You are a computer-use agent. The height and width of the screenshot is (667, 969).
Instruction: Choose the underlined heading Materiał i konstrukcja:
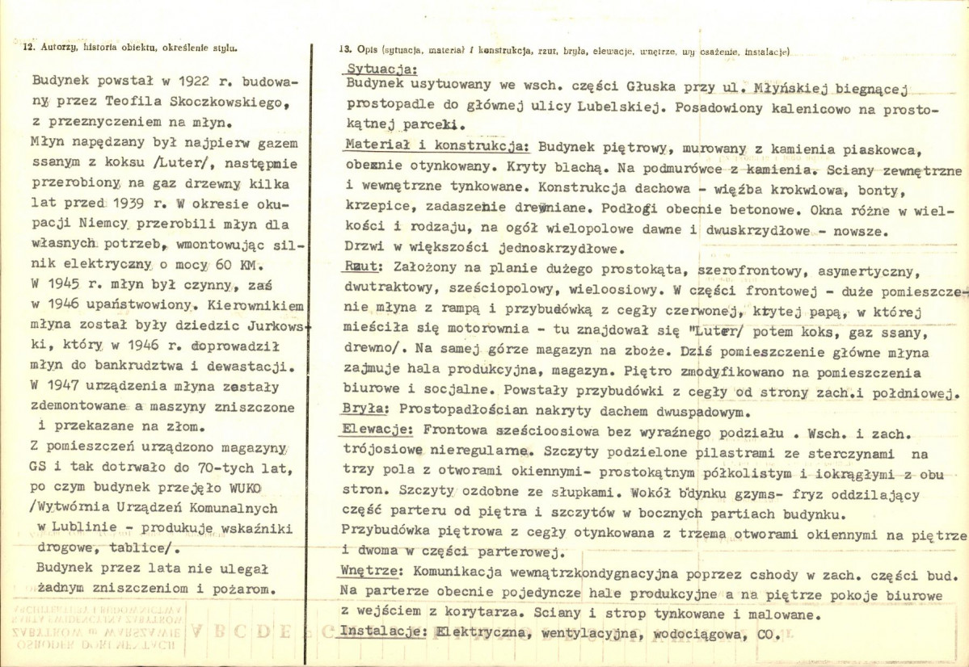point(437,146)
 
